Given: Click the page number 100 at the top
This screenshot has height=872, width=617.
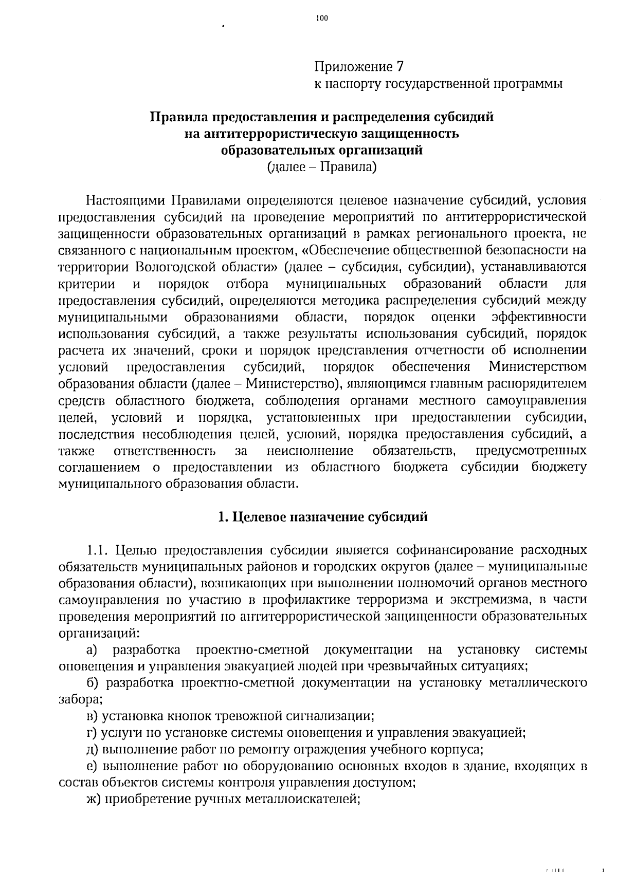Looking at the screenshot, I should click(322, 18).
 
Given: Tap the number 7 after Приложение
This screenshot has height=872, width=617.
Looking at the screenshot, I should click(400, 67).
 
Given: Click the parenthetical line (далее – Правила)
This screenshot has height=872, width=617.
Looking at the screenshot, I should click(322, 167).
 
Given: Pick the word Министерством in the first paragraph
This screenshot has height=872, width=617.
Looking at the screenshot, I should click(537, 367).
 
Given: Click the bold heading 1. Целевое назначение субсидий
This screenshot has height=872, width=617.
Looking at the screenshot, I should click(322, 517).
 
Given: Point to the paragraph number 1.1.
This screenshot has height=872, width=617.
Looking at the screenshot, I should click(98, 550).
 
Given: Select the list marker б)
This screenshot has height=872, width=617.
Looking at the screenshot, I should click(93, 683).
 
